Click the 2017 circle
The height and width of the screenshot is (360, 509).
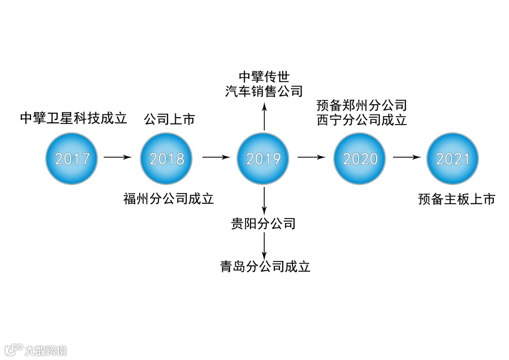72,158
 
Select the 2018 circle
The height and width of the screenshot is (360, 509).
167,158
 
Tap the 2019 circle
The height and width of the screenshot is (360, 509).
263,158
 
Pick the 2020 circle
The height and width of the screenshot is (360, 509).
360,158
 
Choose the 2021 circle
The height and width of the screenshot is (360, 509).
452,158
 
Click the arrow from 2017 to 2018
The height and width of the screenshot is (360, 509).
118,157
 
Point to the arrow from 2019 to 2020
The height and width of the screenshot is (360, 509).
312,157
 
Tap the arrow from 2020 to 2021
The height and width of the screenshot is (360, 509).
407,157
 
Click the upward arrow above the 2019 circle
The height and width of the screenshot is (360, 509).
264,116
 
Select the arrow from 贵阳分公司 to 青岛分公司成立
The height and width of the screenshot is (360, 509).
264,244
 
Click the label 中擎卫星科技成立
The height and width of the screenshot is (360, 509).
74,118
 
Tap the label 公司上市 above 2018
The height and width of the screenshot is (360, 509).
169,119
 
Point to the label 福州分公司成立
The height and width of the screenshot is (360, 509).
169,199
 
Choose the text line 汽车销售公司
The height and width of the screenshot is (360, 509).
264,92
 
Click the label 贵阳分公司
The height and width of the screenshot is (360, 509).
264,224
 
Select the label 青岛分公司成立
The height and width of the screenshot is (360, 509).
265,267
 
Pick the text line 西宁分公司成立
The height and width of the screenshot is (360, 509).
362,120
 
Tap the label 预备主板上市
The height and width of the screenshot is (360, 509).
457,199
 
